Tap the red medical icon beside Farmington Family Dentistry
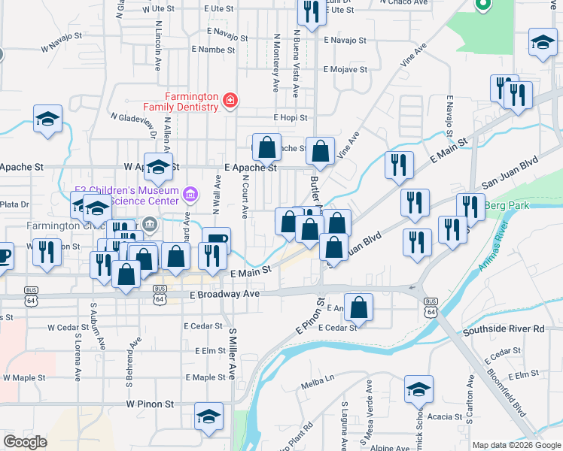pos(229,101)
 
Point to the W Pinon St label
pos(151,404)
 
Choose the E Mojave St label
pos(345,69)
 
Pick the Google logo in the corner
pos(25,442)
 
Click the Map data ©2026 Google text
pos(516,445)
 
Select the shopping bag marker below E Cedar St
pos(360,308)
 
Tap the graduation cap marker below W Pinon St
pos(209,416)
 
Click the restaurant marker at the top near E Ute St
pos(308,11)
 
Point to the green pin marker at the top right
pos(482,5)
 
